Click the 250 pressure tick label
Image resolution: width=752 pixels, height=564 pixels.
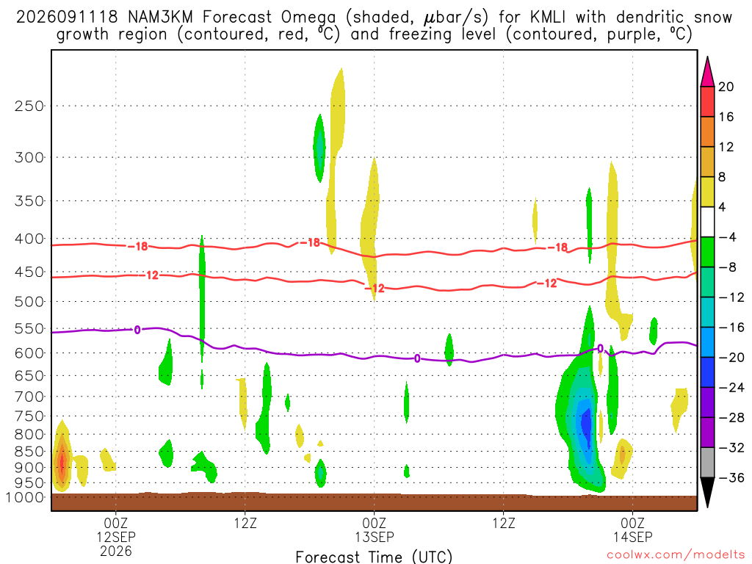[29, 106]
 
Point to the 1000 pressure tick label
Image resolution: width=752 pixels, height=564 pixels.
[24, 498]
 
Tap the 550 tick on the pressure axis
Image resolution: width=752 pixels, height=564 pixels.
[29, 329]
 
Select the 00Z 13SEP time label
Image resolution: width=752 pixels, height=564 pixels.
[374, 529]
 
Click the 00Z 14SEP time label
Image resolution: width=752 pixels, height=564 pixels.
[632, 529]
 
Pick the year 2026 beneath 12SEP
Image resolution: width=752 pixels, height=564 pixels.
[116, 551]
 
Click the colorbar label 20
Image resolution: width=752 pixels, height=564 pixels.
[726, 87]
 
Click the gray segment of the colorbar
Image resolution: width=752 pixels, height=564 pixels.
[707, 463]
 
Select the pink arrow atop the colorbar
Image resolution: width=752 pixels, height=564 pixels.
[707, 72]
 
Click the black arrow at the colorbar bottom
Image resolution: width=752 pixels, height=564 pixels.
[707, 492]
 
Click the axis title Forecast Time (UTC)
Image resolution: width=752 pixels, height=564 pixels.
[374, 557]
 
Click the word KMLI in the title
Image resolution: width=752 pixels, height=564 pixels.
[548, 18]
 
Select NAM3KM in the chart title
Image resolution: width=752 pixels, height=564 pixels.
[160, 18]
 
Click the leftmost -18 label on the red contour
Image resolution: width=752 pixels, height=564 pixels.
[138, 247]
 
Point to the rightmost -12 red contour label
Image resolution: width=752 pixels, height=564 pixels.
[547, 283]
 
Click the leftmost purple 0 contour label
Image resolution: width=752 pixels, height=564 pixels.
[137, 330]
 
